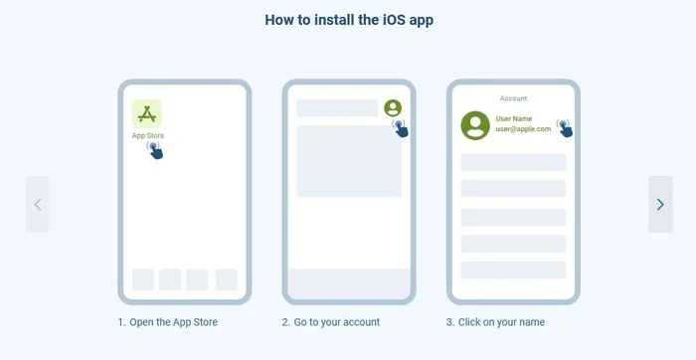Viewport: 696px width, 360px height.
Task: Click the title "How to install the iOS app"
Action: [x=349, y=20]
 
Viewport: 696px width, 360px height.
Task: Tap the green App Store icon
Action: [x=147, y=114]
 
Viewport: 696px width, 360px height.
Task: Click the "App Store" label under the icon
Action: [x=148, y=136]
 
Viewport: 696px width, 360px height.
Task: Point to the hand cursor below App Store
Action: [x=155, y=150]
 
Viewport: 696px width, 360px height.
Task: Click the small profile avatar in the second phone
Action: [x=393, y=107]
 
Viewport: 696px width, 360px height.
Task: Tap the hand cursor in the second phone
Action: [x=401, y=128]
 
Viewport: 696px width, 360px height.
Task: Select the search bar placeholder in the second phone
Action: [x=337, y=107]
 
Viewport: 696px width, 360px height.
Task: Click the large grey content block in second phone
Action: [x=349, y=161]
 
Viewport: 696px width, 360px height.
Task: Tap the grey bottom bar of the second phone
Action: [x=349, y=283]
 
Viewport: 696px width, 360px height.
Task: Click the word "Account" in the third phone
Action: [x=514, y=98]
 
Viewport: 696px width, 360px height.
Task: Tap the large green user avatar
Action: [x=475, y=125]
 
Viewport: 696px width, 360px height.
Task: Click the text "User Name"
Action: [x=514, y=119]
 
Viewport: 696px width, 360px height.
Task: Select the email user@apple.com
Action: [x=523, y=129]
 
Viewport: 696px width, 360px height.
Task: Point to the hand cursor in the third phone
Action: [x=565, y=128]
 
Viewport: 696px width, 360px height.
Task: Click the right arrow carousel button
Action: [x=660, y=204]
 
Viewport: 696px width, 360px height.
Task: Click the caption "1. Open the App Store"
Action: [x=168, y=322]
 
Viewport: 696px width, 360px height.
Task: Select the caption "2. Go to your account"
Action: [x=331, y=322]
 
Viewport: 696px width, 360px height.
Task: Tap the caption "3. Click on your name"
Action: [x=495, y=322]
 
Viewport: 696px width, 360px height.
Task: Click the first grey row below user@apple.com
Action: [x=513, y=162]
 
